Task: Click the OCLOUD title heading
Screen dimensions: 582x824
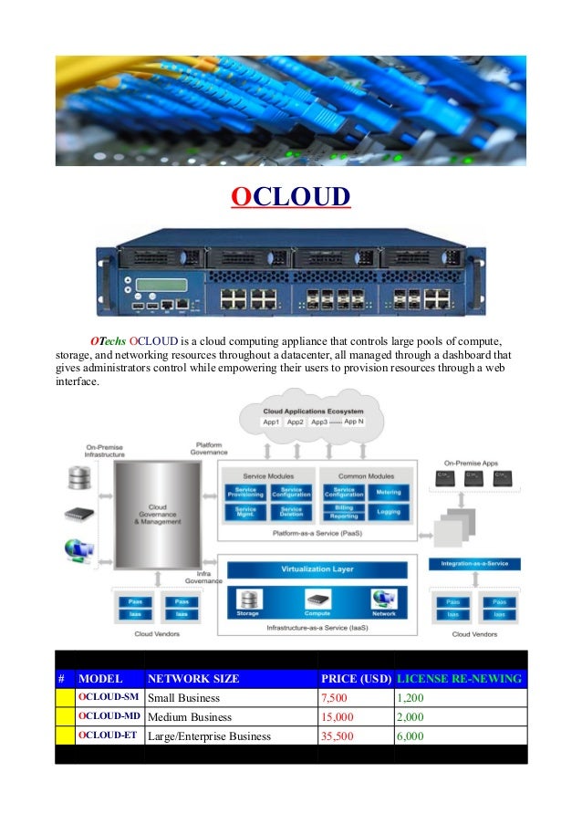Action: pos(290,196)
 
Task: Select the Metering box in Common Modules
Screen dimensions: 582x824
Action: pos(388,493)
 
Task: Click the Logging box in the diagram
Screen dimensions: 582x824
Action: pos(388,513)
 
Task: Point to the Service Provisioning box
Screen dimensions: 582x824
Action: pos(246,493)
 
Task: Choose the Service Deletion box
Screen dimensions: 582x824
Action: pos(291,513)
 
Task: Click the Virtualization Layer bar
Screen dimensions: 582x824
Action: pos(317,569)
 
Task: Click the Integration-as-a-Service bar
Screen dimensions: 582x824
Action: pos(474,565)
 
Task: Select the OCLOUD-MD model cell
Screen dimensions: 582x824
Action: pos(109,716)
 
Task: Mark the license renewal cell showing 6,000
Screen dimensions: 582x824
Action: pos(411,735)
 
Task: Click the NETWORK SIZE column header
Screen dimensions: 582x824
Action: pos(193,679)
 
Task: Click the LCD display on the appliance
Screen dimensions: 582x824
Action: pos(161,285)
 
